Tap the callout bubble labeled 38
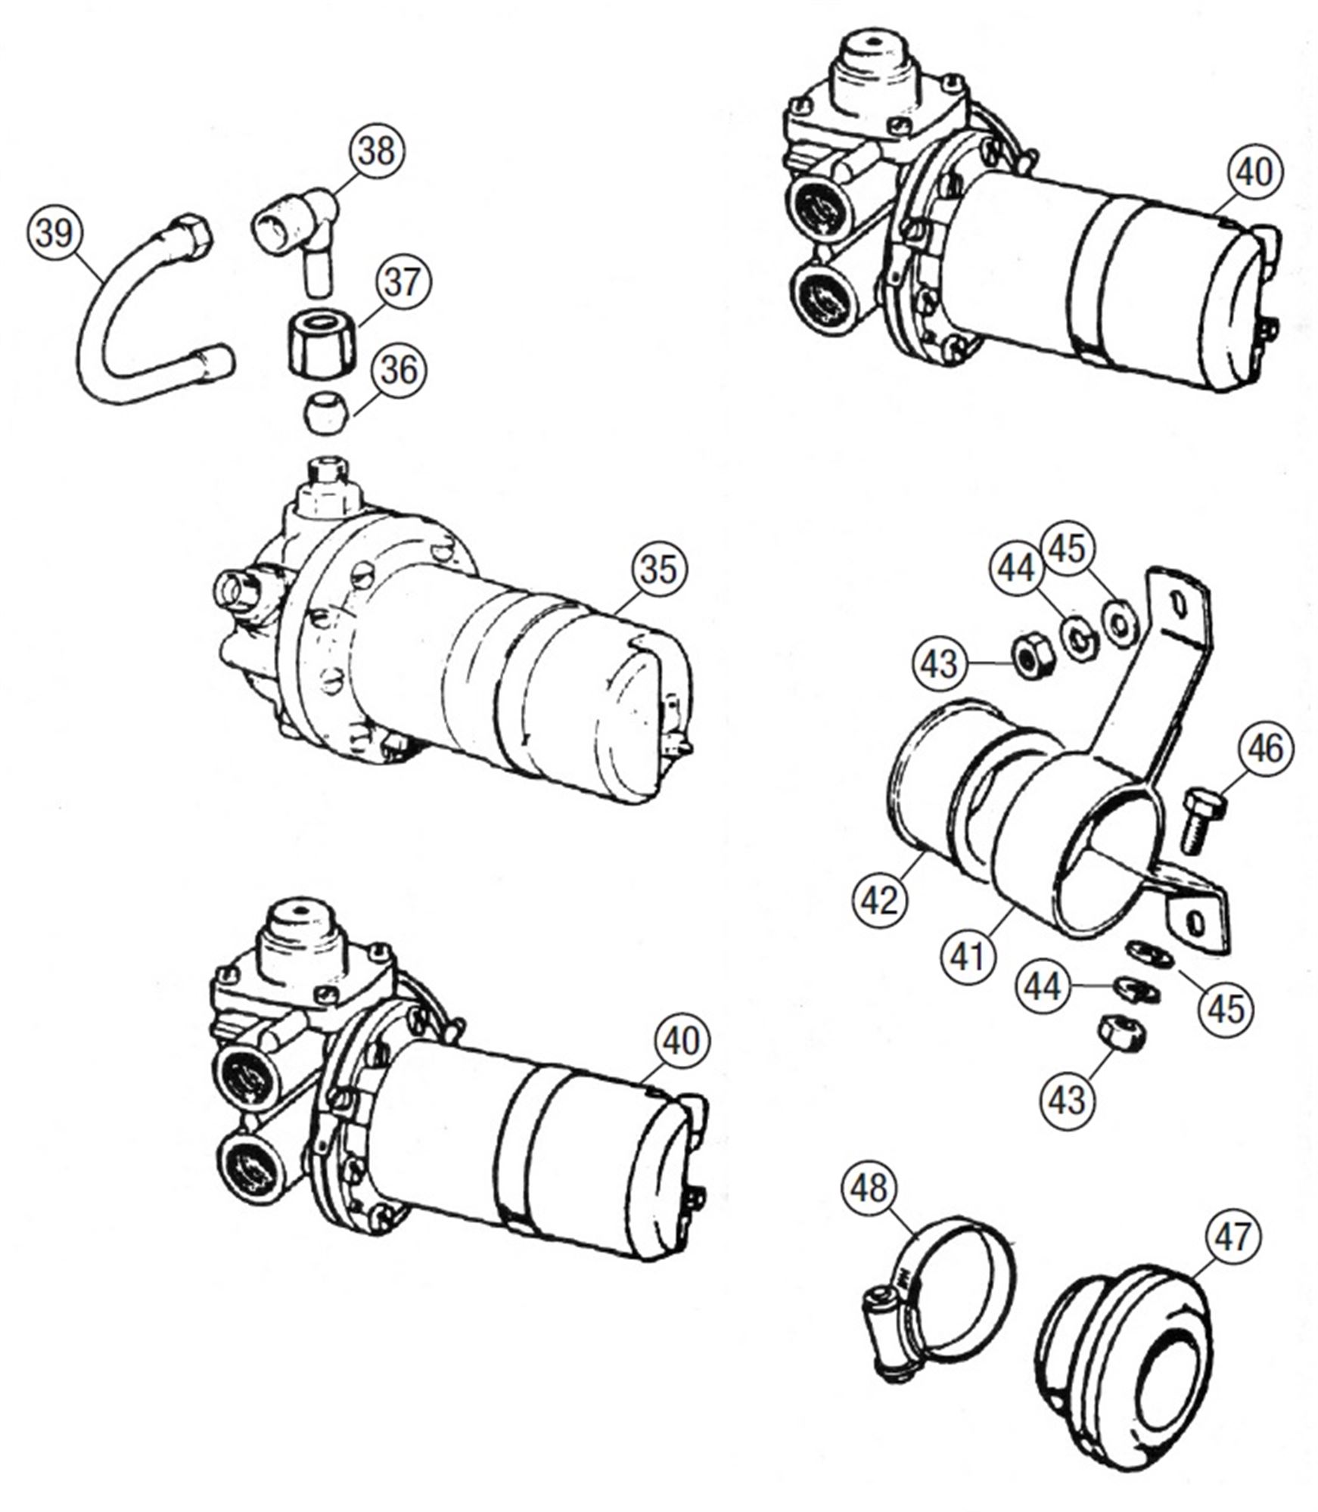coord(376,151)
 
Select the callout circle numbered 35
coord(658,570)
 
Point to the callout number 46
coord(1265,749)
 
